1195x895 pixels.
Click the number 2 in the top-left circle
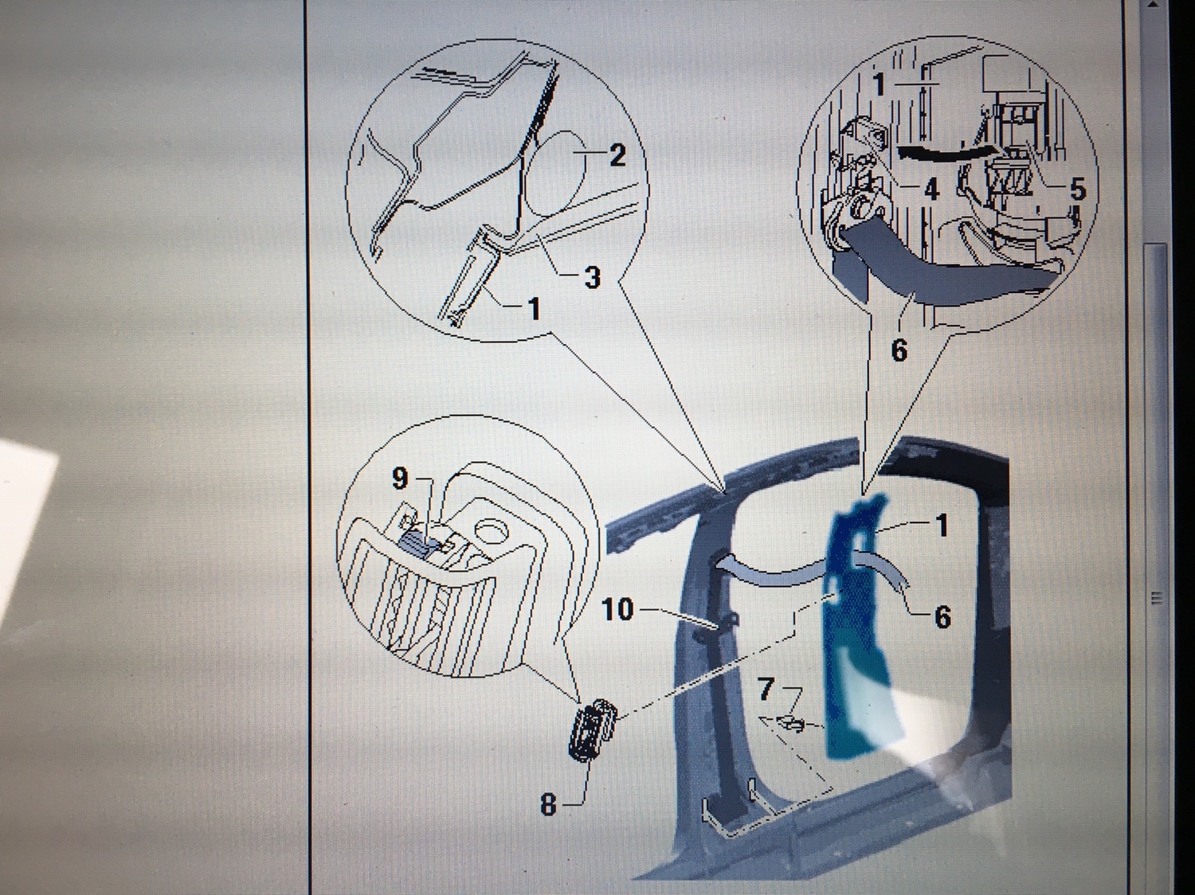pyautogui.click(x=617, y=155)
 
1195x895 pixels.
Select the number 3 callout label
pyautogui.click(x=592, y=277)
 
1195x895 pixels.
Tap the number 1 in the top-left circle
pyautogui.click(x=534, y=308)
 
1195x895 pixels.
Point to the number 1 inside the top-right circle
pyautogui.click(x=879, y=84)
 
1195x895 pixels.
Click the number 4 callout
pyautogui.click(x=931, y=190)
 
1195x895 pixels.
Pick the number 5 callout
pyautogui.click(x=1077, y=190)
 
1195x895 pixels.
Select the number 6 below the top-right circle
pyautogui.click(x=899, y=350)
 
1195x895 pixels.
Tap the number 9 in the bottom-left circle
pyautogui.click(x=400, y=479)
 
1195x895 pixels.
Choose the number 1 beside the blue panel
pyautogui.click(x=942, y=526)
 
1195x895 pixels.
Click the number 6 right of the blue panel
pyautogui.click(x=942, y=616)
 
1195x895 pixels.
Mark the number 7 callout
pyautogui.click(x=766, y=690)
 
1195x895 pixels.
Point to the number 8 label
pyautogui.click(x=548, y=804)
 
